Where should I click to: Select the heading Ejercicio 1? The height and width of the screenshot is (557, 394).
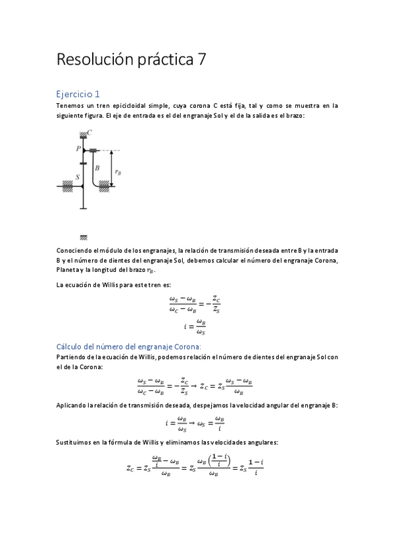(78, 94)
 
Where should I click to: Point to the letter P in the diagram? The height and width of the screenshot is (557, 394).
(77, 150)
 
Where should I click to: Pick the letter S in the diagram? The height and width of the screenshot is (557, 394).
(78, 177)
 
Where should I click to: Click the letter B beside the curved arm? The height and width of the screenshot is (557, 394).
(97, 168)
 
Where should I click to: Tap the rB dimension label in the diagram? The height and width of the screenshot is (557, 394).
(117, 172)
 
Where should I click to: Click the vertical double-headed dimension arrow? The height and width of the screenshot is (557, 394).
(111, 169)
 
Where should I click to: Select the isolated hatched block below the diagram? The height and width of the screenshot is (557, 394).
(84, 237)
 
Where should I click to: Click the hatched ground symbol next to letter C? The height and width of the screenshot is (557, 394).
(83, 134)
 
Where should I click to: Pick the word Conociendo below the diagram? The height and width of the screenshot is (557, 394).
(76, 251)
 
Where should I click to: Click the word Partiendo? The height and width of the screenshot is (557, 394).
(73, 357)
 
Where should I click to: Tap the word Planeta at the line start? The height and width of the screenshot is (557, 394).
(68, 270)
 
